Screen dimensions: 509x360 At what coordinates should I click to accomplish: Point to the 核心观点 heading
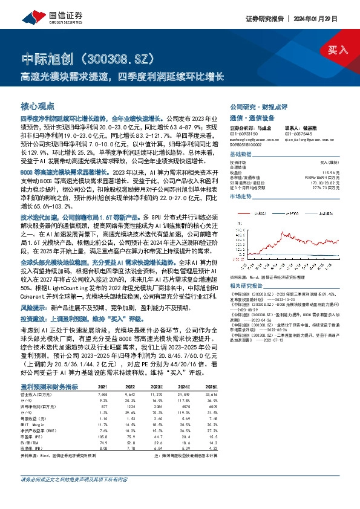tap(38, 105)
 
